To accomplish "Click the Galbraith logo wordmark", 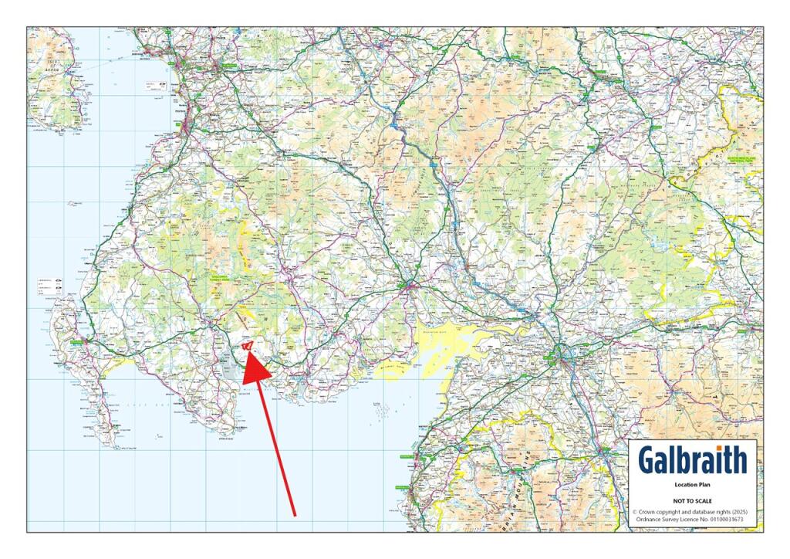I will pyautogui.click(x=692, y=460).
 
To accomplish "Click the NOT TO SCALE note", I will pyautogui.click(x=692, y=501).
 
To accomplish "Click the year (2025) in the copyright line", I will pyautogui.click(x=735, y=511).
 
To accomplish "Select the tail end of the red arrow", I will pyautogui.click(x=294, y=513).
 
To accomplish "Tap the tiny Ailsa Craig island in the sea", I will pyautogui.click(x=73, y=204).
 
